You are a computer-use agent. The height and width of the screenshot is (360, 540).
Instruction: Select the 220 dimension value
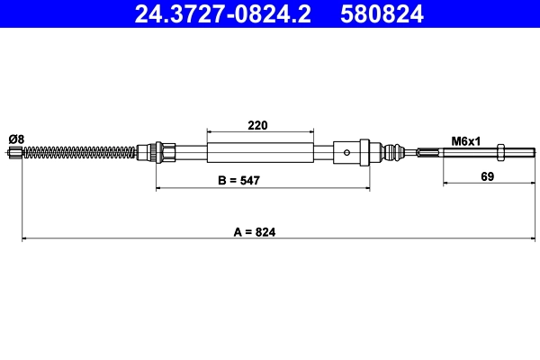[259, 126]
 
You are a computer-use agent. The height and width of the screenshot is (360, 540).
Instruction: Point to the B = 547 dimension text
[239, 180]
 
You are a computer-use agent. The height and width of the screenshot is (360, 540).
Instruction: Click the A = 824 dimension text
[254, 231]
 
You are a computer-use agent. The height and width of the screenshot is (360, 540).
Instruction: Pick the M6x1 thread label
[467, 141]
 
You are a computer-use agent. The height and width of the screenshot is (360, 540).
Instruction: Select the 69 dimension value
[487, 175]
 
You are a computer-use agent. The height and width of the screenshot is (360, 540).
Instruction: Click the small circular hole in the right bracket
[348, 152]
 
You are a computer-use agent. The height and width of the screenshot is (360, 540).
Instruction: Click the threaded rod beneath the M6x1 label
[468, 152]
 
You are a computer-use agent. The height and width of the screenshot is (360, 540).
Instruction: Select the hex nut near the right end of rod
[501, 152]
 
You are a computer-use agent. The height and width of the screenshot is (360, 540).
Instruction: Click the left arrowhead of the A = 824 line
[24, 238]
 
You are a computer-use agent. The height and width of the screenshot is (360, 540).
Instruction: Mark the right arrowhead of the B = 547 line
[366, 188]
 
